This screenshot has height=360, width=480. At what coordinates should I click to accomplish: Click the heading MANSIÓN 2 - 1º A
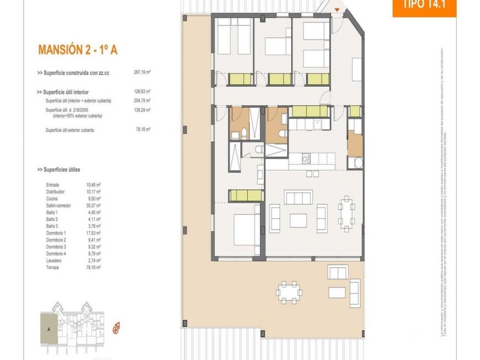(x=77, y=50)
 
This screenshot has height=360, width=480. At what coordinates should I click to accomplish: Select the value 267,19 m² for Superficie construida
(x=142, y=72)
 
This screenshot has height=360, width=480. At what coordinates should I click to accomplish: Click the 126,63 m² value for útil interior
(x=142, y=92)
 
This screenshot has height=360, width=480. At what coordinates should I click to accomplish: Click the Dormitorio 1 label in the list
(x=56, y=233)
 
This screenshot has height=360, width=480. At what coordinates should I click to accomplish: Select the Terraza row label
(x=53, y=267)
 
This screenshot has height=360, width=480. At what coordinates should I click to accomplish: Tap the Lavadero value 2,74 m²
(x=93, y=260)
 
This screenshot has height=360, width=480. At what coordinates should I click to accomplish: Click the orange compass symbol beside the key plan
(x=116, y=329)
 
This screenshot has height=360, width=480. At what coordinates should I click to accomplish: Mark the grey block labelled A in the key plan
(x=49, y=329)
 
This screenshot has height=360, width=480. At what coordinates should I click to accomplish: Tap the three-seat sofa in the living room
(x=298, y=197)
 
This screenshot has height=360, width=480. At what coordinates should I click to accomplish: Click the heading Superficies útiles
(x=58, y=170)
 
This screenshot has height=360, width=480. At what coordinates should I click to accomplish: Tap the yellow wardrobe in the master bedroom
(x=246, y=195)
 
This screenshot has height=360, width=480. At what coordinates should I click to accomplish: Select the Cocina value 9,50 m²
(x=93, y=198)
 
